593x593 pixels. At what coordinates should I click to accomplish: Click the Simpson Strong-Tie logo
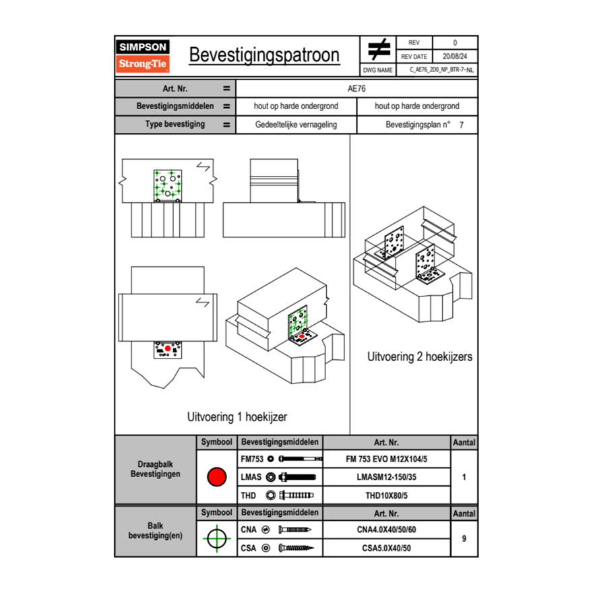(x=144, y=56)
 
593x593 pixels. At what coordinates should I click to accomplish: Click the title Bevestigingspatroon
(x=264, y=55)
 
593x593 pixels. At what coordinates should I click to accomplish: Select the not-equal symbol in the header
(x=379, y=50)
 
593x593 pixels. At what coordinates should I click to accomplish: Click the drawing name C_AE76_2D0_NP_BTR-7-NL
(x=441, y=69)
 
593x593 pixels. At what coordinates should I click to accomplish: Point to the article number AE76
(x=356, y=88)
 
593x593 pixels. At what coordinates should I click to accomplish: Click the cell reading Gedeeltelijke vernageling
(x=296, y=125)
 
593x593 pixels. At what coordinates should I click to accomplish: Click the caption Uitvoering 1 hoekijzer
(x=237, y=417)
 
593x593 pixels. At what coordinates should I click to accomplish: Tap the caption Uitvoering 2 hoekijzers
(x=420, y=356)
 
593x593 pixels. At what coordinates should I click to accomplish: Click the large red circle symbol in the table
(x=216, y=477)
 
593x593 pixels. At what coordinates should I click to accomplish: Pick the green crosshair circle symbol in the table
(x=216, y=538)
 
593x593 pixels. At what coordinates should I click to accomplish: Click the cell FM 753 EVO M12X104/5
(x=386, y=459)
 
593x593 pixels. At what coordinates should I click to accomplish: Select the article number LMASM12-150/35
(x=386, y=477)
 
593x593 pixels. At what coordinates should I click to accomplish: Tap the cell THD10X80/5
(x=386, y=495)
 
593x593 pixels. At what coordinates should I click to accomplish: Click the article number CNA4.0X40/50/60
(x=386, y=530)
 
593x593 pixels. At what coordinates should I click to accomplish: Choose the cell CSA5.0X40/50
(x=386, y=548)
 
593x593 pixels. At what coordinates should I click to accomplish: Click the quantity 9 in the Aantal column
(x=464, y=538)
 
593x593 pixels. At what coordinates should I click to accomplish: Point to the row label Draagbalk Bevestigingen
(x=155, y=470)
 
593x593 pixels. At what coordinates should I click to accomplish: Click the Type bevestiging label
(x=175, y=125)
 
